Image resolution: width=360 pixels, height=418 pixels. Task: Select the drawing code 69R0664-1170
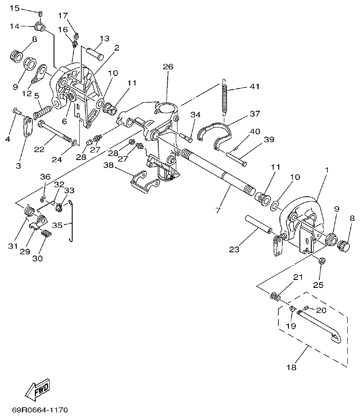pos(40,411)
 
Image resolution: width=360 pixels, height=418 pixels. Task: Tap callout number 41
pos(254,87)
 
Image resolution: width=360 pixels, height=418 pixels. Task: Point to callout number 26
pos(168,67)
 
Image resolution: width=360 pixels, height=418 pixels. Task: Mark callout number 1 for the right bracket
pos(326,170)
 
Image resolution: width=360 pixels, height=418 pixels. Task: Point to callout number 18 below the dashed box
pos(291,367)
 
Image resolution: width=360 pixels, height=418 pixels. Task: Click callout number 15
pos(15,8)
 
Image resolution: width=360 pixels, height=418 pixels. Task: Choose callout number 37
pos(255,114)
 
